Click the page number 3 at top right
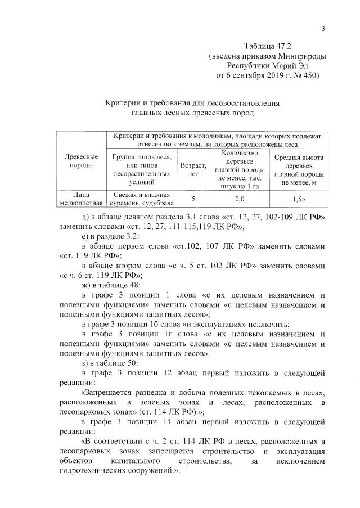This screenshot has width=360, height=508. (324, 29)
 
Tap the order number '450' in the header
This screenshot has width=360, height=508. (307, 76)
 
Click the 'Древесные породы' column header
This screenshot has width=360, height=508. (78, 161)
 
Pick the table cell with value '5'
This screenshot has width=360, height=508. (193, 199)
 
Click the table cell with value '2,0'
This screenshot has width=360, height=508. (239, 199)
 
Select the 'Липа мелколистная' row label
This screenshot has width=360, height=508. (78, 199)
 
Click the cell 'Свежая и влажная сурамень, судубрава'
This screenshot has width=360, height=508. (140, 199)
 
